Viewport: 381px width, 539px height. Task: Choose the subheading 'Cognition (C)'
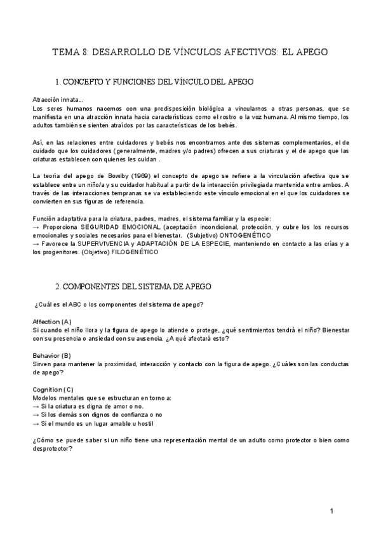[x=53, y=389]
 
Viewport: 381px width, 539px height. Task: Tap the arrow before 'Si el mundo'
[x=36, y=423]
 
